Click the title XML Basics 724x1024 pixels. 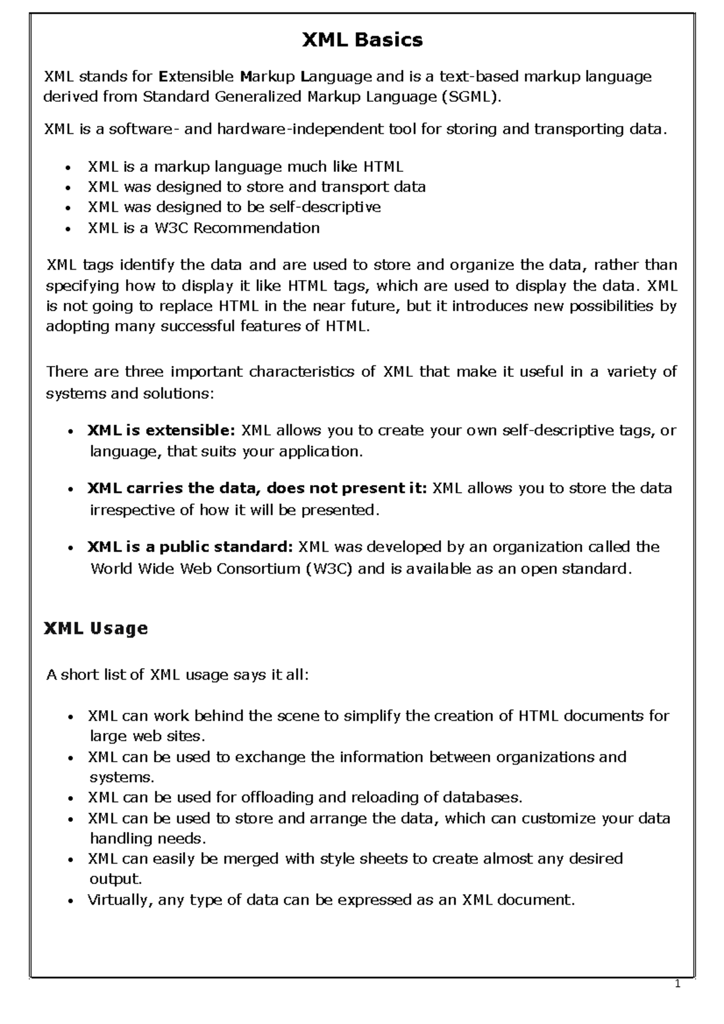click(x=362, y=40)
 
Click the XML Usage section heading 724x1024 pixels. click(x=96, y=628)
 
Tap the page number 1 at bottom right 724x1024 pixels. click(x=678, y=985)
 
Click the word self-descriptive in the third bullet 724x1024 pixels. click(x=325, y=207)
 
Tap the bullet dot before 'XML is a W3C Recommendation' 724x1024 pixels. click(x=71, y=229)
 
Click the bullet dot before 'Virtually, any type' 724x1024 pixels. click(x=71, y=901)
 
